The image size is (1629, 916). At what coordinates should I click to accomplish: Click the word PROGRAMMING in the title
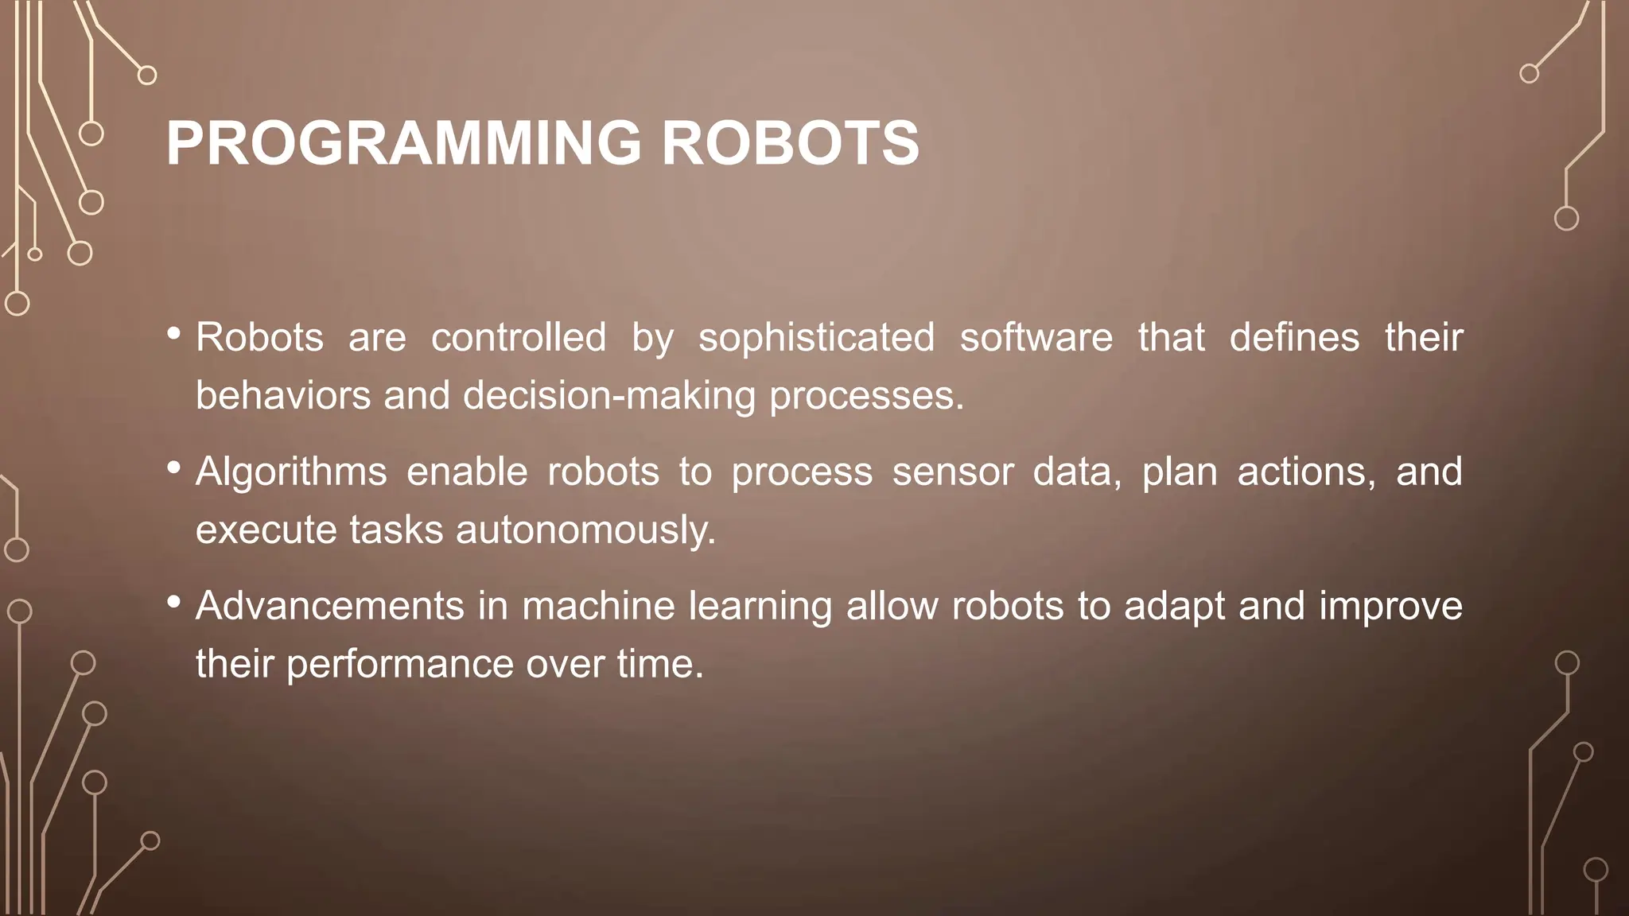click(x=403, y=143)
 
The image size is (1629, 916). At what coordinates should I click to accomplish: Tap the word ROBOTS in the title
click(x=790, y=143)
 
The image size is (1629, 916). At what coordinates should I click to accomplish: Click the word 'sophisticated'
click(x=816, y=338)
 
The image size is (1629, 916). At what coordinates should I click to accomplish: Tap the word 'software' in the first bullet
click(x=1036, y=338)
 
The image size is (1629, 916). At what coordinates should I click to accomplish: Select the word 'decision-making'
click(x=609, y=396)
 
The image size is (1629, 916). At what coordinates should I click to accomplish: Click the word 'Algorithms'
click(x=291, y=472)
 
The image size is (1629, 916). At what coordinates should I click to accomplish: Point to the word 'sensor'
click(x=952, y=472)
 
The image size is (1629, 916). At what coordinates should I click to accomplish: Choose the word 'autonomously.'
click(x=585, y=530)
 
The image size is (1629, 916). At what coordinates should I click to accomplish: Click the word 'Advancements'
click(x=329, y=607)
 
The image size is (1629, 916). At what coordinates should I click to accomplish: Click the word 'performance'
click(x=399, y=665)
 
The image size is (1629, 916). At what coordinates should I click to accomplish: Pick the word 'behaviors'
click(x=283, y=396)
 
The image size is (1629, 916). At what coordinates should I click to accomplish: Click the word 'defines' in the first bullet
click(x=1294, y=338)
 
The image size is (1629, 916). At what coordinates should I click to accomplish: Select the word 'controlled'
click(x=519, y=338)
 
